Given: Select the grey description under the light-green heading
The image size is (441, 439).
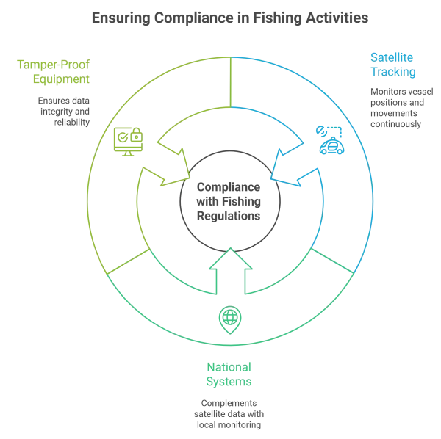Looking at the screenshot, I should [65, 109].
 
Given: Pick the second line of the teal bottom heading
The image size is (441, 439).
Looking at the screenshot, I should [229, 382].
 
